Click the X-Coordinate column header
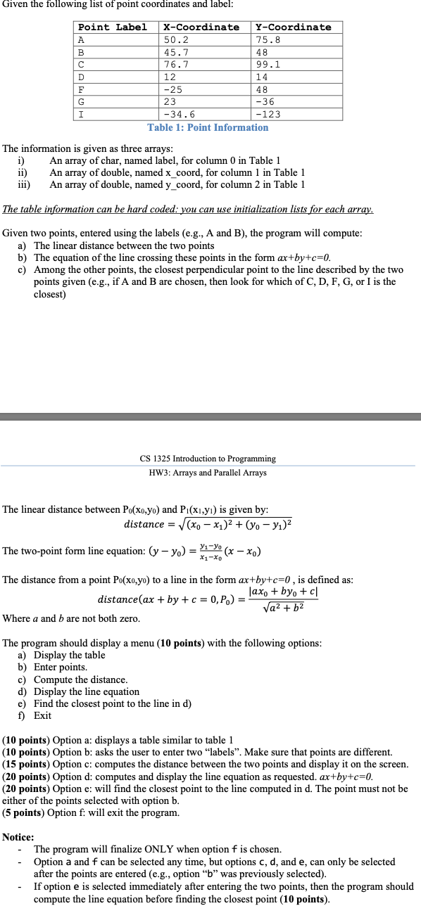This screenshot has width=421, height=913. click(201, 27)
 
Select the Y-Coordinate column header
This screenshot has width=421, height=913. click(295, 27)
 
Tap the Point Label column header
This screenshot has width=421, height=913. click(113, 27)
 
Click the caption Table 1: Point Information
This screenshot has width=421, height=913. click(208, 127)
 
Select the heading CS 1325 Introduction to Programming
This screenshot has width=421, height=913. click(208, 459)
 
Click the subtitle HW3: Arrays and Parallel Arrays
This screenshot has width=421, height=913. click(208, 473)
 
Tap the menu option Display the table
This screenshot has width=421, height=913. click(69, 655)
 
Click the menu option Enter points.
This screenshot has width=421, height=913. click(61, 667)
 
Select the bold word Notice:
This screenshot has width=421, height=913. click(18, 837)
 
